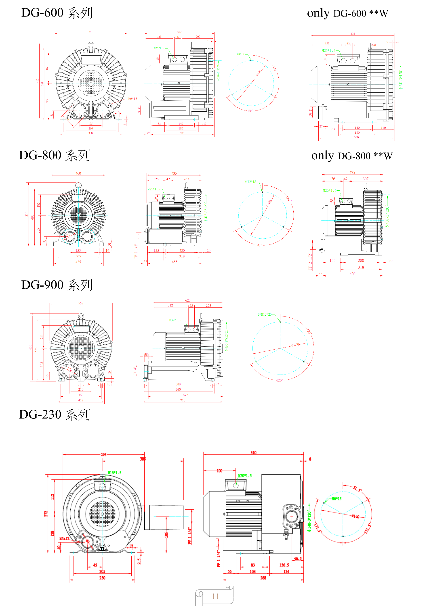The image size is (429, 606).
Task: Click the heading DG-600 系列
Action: click(57, 13)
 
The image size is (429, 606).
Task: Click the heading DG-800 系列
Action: click(55, 155)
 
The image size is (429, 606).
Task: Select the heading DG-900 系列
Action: click(57, 285)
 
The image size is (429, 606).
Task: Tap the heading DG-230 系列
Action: click(55, 415)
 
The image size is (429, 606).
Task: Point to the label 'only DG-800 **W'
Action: click(352, 156)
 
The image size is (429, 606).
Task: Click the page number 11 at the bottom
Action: click(215, 596)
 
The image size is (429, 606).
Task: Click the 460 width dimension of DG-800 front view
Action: click(78, 173)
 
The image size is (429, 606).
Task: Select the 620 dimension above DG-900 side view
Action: click(188, 300)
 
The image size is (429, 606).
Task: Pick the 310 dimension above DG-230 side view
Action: click(253, 453)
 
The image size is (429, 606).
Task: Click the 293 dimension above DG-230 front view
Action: click(103, 455)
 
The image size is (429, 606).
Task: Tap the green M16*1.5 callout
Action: click(115, 473)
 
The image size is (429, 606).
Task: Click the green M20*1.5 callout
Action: click(245, 476)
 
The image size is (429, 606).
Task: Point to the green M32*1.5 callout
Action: click(175, 320)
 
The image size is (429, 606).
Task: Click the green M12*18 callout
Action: click(250, 182)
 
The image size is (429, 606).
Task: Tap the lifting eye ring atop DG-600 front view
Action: click(91, 44)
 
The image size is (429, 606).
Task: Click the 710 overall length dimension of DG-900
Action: click(183, 400)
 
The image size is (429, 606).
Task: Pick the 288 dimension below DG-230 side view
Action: click(263, 578)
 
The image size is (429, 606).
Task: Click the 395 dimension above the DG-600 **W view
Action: click(353, 34)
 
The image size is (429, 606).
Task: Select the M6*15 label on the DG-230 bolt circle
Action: click(336, 499)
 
